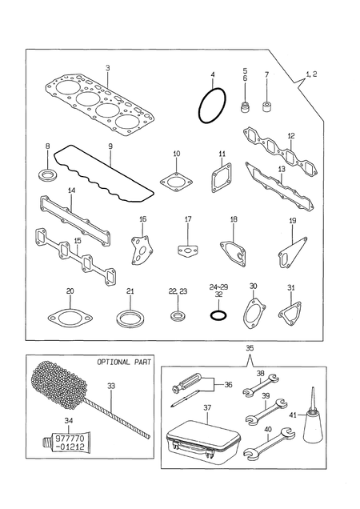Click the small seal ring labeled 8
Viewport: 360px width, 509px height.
coord(47,174)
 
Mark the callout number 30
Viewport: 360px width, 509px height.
coord(253,286)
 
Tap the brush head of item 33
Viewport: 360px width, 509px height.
coord(59,385)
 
